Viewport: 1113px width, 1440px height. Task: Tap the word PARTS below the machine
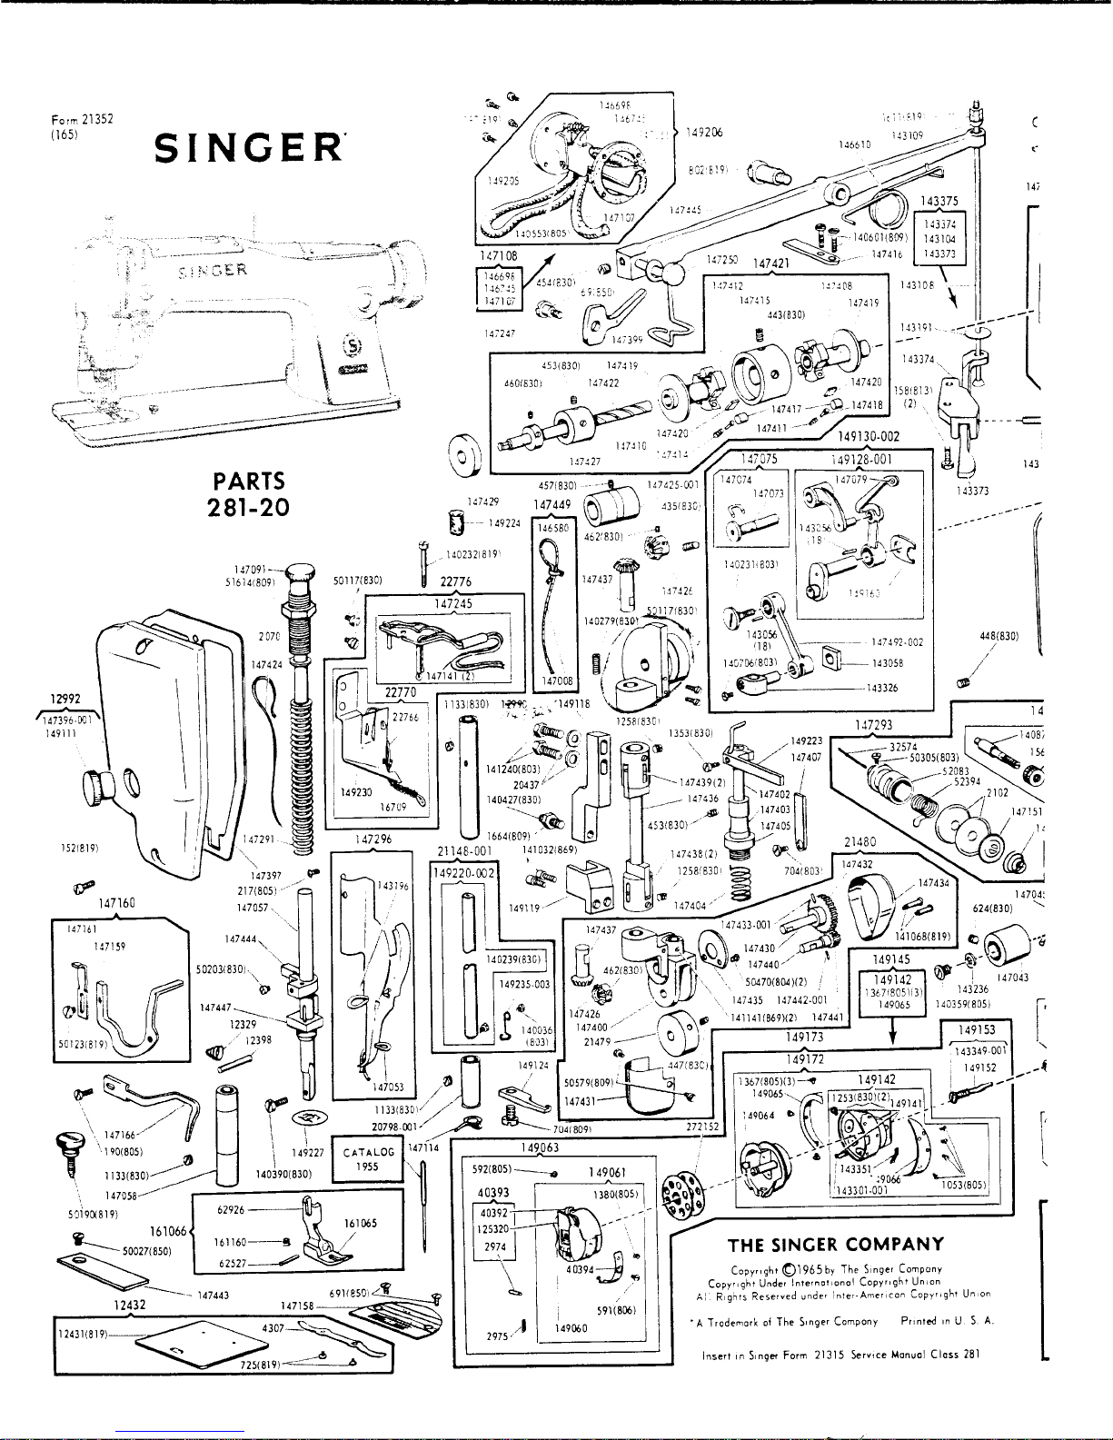(248, 481)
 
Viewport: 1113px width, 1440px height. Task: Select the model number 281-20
(248, 507)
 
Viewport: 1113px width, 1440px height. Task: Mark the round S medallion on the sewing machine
(348, 346)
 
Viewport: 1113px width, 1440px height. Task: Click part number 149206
(704, 132)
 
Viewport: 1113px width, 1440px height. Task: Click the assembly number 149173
(805, 1036)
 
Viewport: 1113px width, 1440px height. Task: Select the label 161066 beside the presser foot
(167, 1231)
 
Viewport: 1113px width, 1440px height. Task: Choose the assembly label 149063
(541, 1147)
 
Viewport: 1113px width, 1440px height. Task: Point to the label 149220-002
(464, 873)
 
